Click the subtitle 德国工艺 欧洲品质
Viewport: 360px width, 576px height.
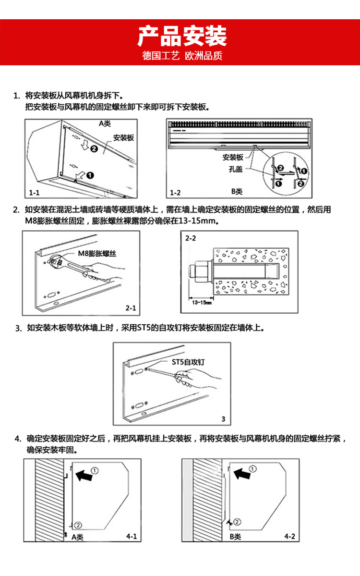tap(180, 56)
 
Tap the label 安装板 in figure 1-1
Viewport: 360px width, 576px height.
tap(123, 138)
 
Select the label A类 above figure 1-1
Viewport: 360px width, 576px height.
tap(105, 123)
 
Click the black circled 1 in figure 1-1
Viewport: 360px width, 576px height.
tap(90, 175)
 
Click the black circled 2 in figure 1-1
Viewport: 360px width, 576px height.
tap(94, 149)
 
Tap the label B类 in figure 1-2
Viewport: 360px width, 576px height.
tap(237, 191)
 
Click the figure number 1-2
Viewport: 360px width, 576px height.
tap(176, 193)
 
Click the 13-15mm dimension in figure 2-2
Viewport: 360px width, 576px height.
tap(199, 303)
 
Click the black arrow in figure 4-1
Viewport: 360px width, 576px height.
tap(85, 476)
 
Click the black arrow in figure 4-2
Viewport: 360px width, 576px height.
tap(243, 474)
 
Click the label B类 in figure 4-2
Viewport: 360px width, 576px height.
tap(235, 536)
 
